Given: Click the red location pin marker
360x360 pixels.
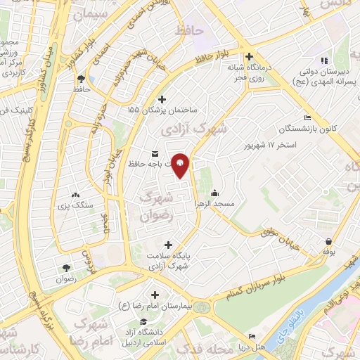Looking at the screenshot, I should pos(180,165).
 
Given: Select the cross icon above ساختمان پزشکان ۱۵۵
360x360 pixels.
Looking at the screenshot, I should pos(163,100).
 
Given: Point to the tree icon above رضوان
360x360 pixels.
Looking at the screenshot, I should pos(65,267).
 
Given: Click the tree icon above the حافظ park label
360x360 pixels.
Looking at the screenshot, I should pos(81,78).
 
